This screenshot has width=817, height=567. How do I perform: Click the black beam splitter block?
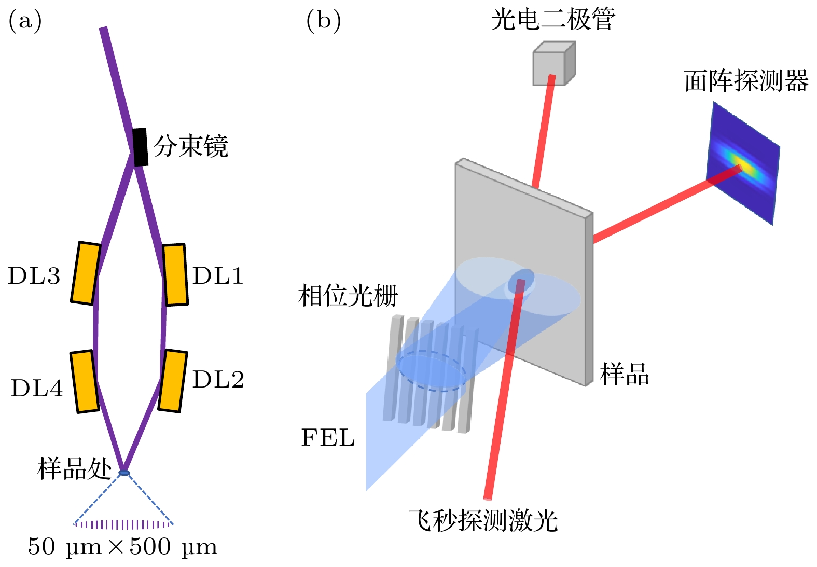coord(140,147)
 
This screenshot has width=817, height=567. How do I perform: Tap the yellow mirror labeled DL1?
coord(175,274)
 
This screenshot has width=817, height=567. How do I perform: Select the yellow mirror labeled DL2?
coord(172,381)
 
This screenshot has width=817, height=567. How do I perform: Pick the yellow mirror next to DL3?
coord(86,273)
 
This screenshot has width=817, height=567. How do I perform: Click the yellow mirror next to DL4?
coord(85,382)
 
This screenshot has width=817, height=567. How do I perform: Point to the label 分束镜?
coord(190,146)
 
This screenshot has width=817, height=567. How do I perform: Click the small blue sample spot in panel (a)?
coord(124,473)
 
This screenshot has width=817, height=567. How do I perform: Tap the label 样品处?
coord(74,469)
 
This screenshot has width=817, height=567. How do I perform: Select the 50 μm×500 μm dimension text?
coord(122,547)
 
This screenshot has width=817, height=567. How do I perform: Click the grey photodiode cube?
coord(553,63)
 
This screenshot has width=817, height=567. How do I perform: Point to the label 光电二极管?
coord(553,20)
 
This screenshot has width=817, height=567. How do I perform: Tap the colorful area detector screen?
coord(743,163)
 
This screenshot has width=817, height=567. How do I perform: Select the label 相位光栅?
coord(348,296)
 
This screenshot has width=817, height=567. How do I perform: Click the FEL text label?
coord(328,438)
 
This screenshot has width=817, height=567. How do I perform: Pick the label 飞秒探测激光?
coord(483,520)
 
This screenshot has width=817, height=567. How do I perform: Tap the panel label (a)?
coord(25,21)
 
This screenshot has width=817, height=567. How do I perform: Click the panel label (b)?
coord(323,21)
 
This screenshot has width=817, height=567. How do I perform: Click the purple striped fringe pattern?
coord(123,524)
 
